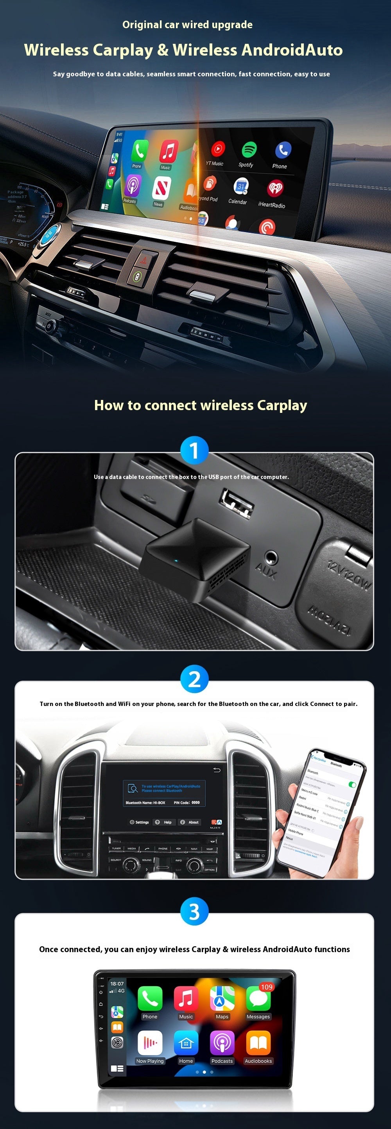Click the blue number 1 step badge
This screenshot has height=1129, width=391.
[x=194, y=450]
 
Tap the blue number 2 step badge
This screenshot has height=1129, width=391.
[x=194, y=679]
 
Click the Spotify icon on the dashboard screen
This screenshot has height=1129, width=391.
[x=249, y=150]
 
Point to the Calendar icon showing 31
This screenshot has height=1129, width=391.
[x=241, y=186]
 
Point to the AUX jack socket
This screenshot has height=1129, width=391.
[x=271, y=558]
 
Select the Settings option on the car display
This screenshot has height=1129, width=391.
[x=139, y=822]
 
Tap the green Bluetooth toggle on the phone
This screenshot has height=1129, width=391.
[x=352, y=785]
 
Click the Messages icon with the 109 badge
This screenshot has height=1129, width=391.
[x=258, y=999]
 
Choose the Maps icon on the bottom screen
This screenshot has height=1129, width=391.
[x=222, y=999]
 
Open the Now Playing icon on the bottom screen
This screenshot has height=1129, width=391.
[x=150, y=1043]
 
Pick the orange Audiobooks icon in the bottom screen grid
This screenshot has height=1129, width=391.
[x=258, y=1043]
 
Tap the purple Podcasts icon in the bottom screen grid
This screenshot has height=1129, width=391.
[x=222, y=1043]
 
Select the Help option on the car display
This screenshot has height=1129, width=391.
[x=164, y=822]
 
